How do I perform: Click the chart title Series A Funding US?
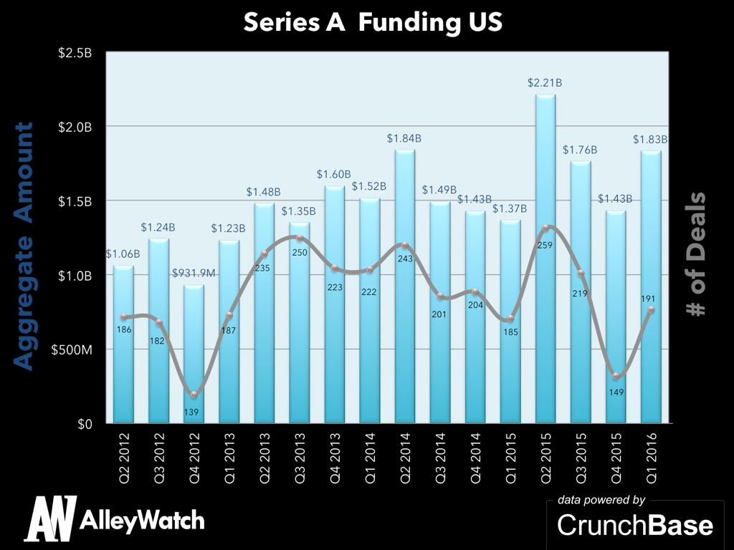373,22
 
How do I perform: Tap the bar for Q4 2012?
194,358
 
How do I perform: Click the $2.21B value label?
545,83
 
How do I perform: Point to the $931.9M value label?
194,274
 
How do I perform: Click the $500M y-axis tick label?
75,349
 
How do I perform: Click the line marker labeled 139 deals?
194,395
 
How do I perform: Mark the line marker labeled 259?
545,228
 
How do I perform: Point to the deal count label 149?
615,391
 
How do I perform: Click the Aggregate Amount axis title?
24,246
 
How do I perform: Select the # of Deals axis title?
693,254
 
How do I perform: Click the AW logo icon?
51,519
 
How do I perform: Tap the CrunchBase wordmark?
635,525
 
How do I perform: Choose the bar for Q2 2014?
404,286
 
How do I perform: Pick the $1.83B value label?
651,139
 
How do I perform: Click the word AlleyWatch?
143,520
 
